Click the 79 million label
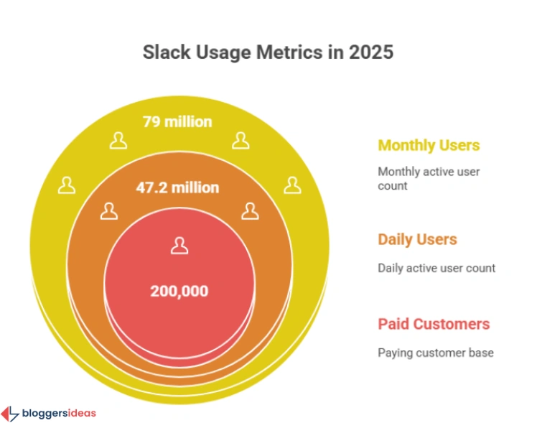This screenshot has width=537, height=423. coord(177,121)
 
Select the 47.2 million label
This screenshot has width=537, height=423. coord(177,188)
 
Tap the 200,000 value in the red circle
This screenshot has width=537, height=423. coord(179,291)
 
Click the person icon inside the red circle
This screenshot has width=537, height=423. coord(179,246)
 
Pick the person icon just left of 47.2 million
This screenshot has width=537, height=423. coord(108,210)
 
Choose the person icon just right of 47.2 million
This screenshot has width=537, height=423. coord(249,210)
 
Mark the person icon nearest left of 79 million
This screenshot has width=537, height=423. coord(117,141)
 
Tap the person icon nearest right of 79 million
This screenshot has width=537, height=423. coord(241,141)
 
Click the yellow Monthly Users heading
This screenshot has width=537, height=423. coord(429,145)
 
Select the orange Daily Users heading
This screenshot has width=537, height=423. coord(417,239)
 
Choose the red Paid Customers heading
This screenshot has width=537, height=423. coord(434,324)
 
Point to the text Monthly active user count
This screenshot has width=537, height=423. coord(429,178)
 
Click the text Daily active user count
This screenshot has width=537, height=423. coord(436,268)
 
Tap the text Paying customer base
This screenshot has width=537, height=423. coord(436,353)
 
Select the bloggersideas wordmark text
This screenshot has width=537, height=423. coord(59,413)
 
